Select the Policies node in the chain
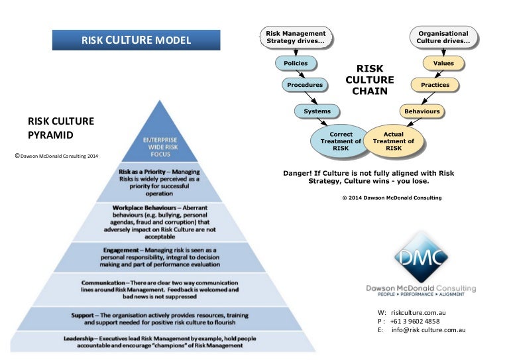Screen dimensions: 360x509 [x=295, y=64]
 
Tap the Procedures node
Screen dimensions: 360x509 [x=304, y=85]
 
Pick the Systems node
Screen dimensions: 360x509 [x=317, y=111]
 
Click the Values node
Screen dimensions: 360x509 [x=443, y=64]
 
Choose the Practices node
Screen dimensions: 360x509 [x=435, y=85]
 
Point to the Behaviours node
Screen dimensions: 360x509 [x=421, y=111]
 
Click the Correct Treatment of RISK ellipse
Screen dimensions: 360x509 [x=341, y=141]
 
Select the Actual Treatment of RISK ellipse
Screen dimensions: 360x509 [x=394, y=141]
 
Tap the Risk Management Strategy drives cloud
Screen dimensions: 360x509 [x=295, y=37]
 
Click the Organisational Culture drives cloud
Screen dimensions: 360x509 [x=443, y=37]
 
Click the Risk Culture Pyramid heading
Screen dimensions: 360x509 [x=60, y=127]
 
